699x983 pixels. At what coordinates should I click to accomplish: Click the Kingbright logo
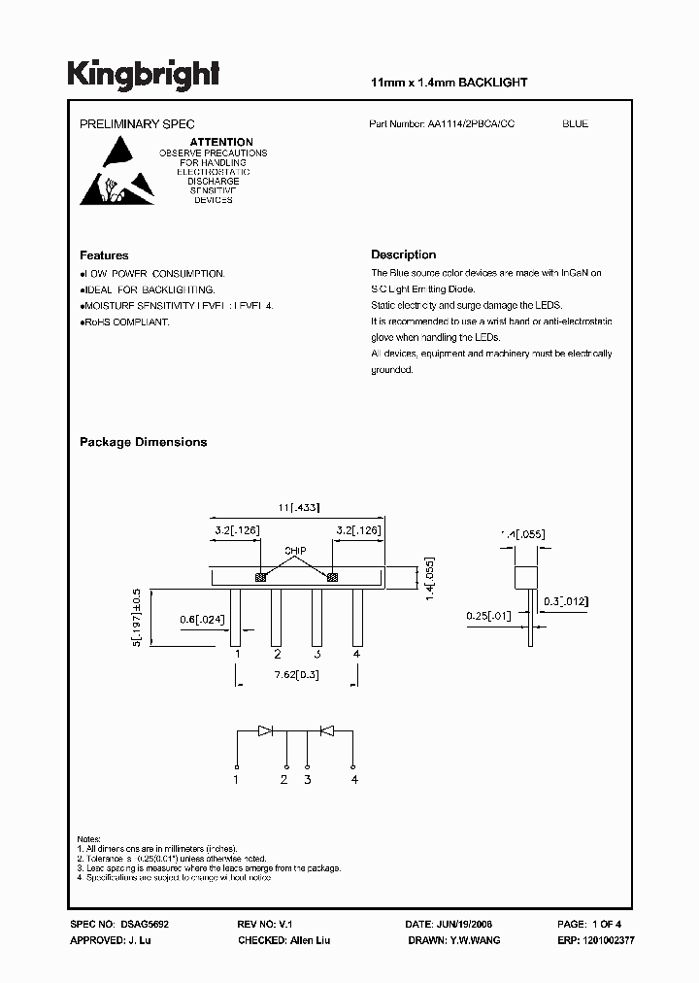pos(143,75)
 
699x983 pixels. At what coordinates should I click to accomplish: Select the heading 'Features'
pos(104,255)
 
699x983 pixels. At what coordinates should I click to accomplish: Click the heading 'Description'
pos(403,255)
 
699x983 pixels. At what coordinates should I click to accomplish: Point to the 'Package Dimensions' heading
pos(143,442)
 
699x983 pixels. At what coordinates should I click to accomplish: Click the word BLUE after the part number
pos(575,124)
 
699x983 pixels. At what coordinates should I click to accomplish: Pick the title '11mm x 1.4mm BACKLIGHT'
pos(449,83)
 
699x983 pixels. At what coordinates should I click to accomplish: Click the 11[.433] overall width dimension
pos(298,507)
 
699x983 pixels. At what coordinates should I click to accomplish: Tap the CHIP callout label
pos(295,551)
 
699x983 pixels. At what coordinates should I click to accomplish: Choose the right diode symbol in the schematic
pos(327,729)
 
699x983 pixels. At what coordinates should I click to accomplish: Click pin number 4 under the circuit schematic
pos(355,779)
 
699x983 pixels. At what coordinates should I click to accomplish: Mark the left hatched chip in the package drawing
pos(260,578)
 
